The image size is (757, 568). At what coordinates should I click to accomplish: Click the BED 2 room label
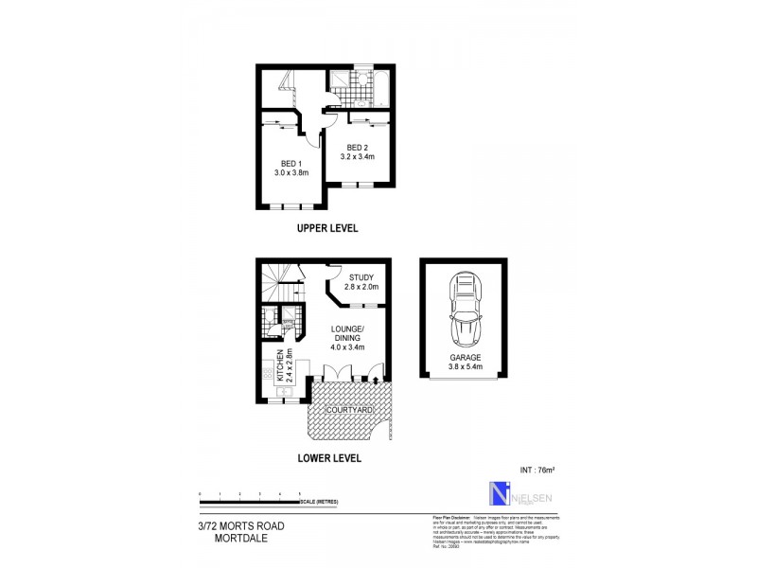[357, 147]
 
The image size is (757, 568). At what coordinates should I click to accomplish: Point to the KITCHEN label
[281, 365]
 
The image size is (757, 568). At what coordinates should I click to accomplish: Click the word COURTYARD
[347, 408]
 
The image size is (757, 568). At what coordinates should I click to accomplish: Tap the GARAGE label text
[465, 358]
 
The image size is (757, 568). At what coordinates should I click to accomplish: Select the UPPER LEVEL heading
[327, 228]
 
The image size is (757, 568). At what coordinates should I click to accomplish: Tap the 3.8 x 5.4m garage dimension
[465, 367]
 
